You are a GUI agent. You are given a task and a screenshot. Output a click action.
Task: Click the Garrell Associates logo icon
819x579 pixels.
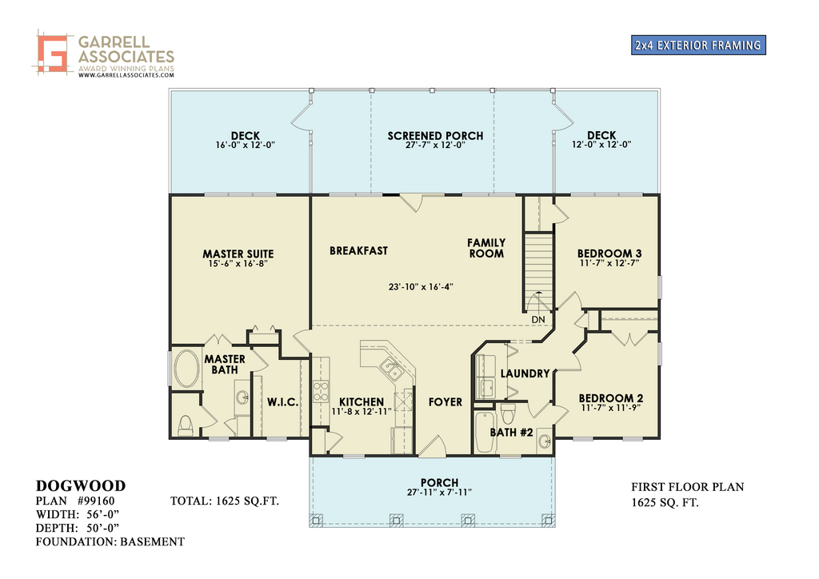(x=52, y=52)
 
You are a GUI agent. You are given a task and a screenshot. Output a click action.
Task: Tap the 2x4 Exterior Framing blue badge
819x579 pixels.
(x=698, y=45)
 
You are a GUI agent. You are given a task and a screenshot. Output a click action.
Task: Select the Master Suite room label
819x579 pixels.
(x=238, y=254)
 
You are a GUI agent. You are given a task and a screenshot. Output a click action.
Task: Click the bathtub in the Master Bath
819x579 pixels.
(x=186, y=369)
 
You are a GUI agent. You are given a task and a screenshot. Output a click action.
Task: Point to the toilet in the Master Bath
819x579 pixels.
(x=186, y=425)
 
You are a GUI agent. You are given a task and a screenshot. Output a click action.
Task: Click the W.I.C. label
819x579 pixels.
(x=283, y=402)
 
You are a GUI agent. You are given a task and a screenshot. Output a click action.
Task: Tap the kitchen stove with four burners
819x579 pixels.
(x=321, y=392)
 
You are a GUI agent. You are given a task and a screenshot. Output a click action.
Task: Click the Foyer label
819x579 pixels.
(x=445, y=402)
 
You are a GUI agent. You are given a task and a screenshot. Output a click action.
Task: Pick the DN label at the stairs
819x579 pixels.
(x=538, y=320)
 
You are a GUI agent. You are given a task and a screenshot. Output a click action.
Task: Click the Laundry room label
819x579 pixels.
(x=525, y=373)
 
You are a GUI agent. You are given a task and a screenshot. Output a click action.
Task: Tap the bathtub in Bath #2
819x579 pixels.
(x=485, y=433)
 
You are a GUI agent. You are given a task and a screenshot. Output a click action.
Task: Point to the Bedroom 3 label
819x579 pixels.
(x=609, y=254)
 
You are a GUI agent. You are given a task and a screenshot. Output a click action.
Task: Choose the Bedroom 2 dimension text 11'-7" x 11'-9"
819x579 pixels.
(x=610, y=408)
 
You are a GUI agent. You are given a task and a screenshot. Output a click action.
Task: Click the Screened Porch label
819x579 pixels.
(x=435, y=136)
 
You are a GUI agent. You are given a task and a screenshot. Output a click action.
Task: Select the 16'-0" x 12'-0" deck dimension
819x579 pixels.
(x=246, y=145)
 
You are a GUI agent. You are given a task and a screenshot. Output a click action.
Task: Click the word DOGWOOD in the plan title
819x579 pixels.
(x=81, y=486)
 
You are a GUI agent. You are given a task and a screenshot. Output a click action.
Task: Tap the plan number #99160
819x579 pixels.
(x=96, y=501)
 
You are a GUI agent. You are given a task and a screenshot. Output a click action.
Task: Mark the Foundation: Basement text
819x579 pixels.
(x=110, y=542)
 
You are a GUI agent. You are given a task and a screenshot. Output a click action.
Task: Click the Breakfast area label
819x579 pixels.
(x=359, y=250)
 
